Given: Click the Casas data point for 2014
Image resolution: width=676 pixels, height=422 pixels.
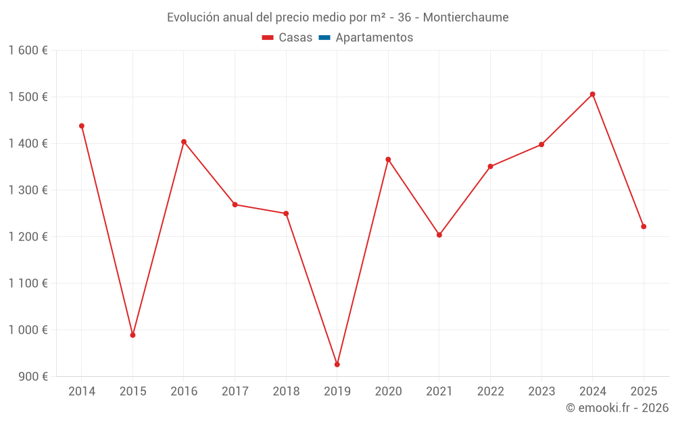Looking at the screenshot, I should click(x=82, y=126).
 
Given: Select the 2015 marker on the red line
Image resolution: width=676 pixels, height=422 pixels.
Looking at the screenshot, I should click(x=132, y=335).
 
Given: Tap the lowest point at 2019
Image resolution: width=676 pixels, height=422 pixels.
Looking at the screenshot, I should click(x=337, y=365).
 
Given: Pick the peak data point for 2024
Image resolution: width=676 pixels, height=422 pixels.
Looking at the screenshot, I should click(x=593, y=95).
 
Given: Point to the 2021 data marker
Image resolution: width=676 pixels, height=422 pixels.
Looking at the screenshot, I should click(x=439, y=235).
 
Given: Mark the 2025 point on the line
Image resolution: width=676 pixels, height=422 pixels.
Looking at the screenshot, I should click(x=644, y=227).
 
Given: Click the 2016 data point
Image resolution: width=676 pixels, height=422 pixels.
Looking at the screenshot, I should click(x=184, y=142).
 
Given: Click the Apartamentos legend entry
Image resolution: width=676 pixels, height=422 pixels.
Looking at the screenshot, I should click(x=374, y=38).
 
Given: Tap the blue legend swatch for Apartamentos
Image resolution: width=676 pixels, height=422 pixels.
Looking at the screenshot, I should click(x=324, y=38).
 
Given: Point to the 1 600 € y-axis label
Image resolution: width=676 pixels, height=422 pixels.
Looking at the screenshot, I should click(x=28, y=51).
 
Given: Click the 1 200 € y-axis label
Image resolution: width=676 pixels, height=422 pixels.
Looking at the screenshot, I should click(x=28, y=237).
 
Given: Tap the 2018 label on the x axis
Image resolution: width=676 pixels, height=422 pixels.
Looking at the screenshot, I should click(x=286, y=392).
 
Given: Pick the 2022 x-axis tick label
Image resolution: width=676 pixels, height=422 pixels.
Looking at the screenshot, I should click(x=490, y=392).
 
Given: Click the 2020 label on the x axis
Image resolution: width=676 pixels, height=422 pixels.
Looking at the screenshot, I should click(x=388, y=392).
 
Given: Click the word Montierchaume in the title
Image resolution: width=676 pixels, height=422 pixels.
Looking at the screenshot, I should click(x=466, y=18).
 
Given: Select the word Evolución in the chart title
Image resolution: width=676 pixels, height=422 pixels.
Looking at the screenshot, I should click(x=192, y=18).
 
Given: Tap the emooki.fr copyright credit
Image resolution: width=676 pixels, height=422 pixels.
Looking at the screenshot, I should click(x=617, y=408).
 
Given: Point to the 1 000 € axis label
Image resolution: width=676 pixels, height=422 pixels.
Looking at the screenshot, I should click(x=28, y=330).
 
